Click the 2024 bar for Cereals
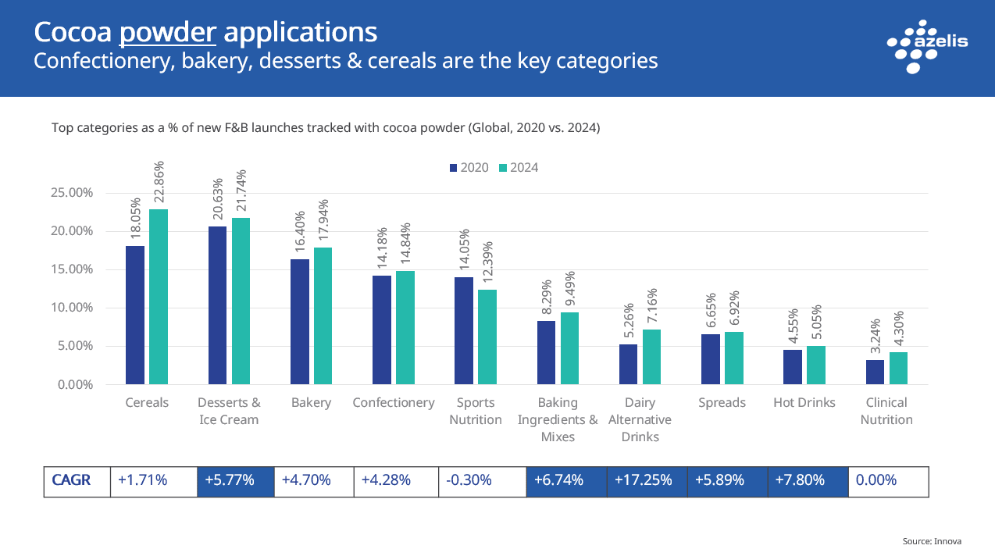pyautogui.click(x=159, y=297)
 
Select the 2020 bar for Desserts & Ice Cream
pyautogui.click(x=217, y=305)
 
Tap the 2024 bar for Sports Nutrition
pyautogui.click(x=487, y=337)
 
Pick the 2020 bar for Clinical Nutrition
pyautogui.click(x=875, y=372)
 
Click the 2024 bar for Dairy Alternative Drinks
pyautogui.click(x=651, y=357)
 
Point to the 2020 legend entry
pyautogui.click(x=469, y=168)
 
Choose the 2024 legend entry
pyautogui.click(x=519, y=168)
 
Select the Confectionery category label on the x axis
pyautogui.click(x=394, y=403)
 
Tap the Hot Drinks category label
pyautogui.click(x=804, y=403)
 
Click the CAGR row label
pyautogui.click(x=71, y=481)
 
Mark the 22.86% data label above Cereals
pyautogui.click(x=159, y=184)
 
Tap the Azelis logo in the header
pyautogui.click(x=927, y=44)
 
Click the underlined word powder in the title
pyautogui.click(x=168, y=33)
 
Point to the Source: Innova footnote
pyautogui.click(x=931, y=541)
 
